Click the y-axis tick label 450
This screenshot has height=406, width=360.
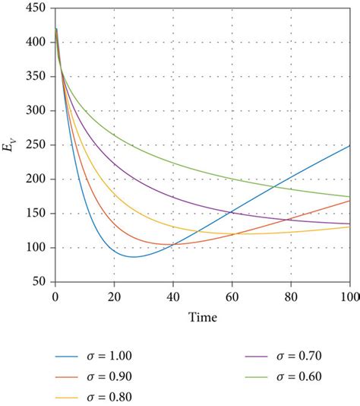(36, 8)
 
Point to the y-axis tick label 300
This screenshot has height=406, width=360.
(36, 111)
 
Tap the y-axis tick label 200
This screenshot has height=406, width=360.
(36, 179)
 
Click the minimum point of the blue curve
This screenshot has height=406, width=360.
(134, 257)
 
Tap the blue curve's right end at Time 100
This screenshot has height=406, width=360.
(349, 145)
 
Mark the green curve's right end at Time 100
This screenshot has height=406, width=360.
(349, 197)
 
